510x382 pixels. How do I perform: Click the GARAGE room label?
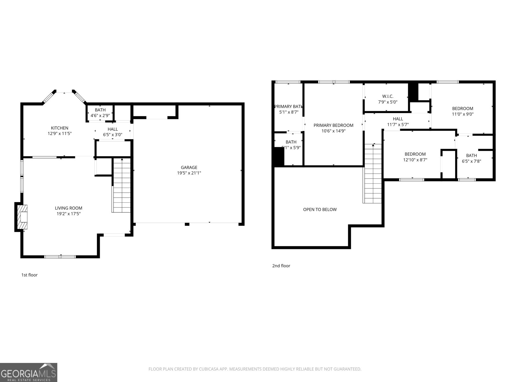coord(189,167)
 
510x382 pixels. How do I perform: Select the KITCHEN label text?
coord(60,128)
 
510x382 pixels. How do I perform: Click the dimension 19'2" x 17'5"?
coord(69,214)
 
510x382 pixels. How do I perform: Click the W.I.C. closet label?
coord(388,96)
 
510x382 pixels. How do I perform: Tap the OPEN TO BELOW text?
coord(320,209)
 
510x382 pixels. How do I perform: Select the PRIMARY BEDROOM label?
coord(333,125)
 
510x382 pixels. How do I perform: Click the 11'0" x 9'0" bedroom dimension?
coord(463,114)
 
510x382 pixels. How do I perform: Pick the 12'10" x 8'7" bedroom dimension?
coord(415,160)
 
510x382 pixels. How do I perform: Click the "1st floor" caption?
coord(29,275)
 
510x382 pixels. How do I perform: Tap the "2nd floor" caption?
coord(281,266)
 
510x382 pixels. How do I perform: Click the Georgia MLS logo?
coord(28,372)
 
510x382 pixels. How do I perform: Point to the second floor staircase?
coord(373,173)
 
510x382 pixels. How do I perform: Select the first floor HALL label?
coord(113,129)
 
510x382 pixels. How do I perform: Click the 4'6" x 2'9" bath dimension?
coord(100,116)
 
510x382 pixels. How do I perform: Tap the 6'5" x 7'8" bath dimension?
coord(471,161)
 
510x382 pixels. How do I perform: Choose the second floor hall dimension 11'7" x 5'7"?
coord(398,125)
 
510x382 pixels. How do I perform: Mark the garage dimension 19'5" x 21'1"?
coord(189,173)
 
